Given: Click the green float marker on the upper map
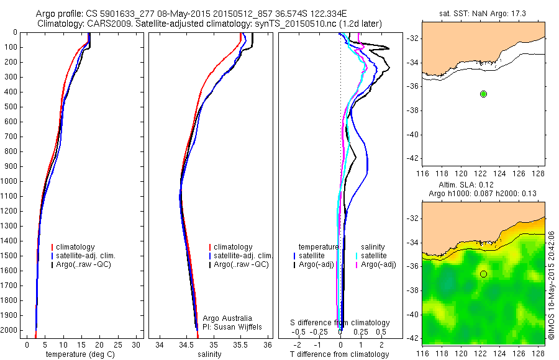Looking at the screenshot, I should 483,94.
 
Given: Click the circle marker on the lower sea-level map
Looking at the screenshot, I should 483,274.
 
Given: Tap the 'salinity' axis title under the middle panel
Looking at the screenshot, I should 209,354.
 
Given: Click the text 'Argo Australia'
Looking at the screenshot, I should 227,318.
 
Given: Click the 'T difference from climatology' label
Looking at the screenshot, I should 340,354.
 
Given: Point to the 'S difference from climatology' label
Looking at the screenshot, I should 340,323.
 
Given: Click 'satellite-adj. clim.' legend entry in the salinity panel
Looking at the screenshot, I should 243,256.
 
